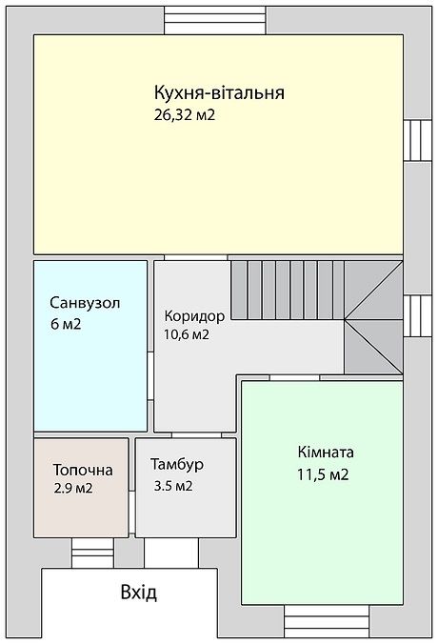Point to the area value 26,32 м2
[190, 115]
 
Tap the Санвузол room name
[85, 303]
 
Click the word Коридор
[194, 315]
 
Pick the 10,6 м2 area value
[187, 334]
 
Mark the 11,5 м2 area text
[323, 473]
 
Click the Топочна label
[82, 470]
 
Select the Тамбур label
[177, 466]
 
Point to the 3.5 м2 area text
[173, 486]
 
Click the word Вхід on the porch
[139, 593]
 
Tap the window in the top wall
[216, 19]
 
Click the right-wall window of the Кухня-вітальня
[417, 141]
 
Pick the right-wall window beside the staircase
[417, 315]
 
